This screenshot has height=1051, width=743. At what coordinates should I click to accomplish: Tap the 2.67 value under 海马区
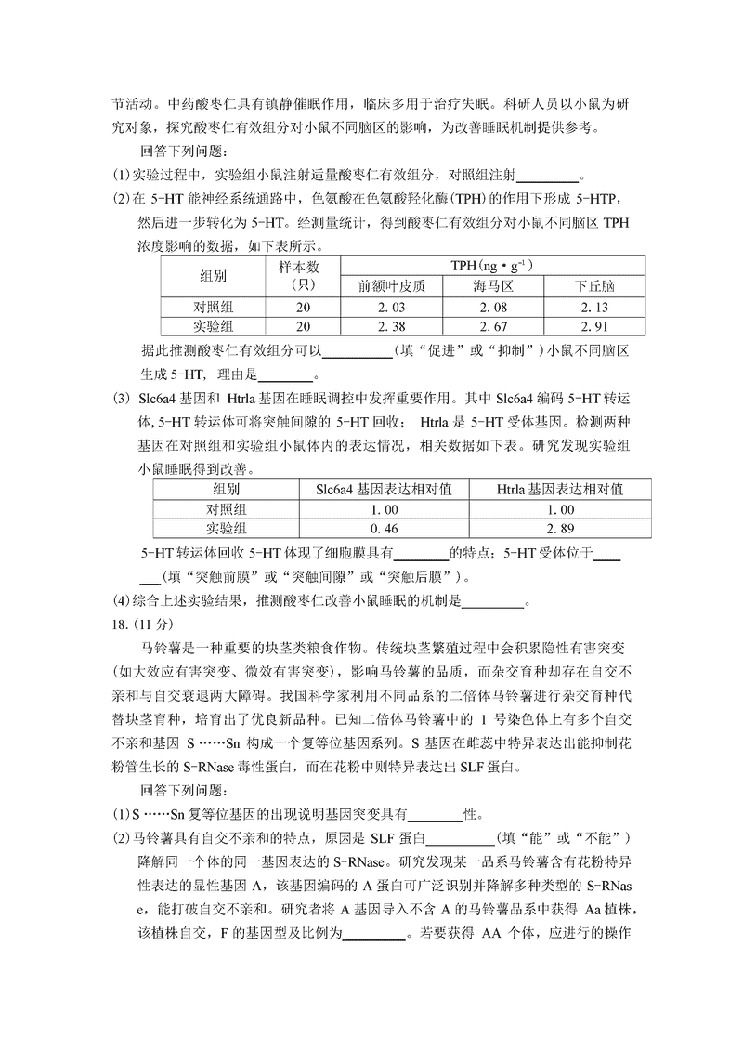tap(493, 326)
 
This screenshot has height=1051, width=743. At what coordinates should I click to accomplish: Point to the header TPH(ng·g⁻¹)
tap(492, 265)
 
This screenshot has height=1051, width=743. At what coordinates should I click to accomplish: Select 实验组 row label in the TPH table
tap(214, 326)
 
